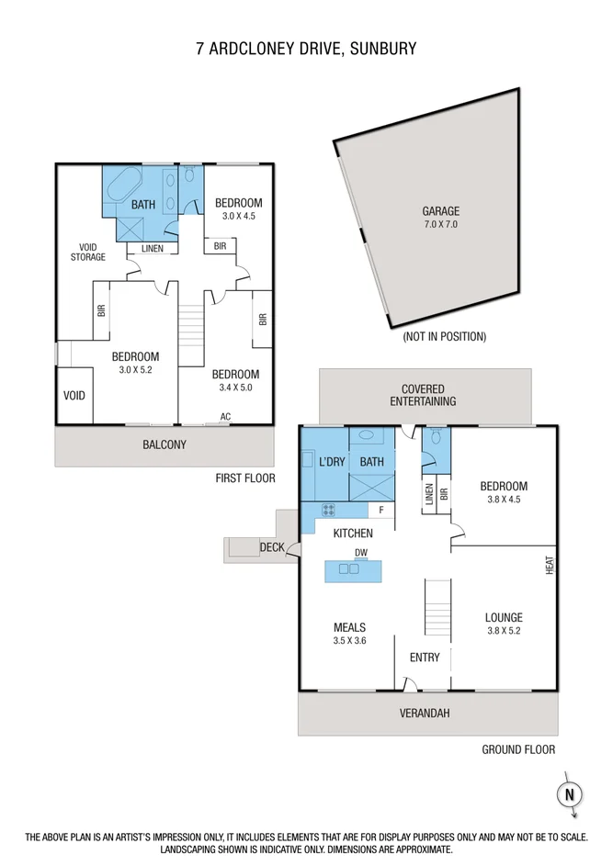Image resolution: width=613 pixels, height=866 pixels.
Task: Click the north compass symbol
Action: pos(570,794)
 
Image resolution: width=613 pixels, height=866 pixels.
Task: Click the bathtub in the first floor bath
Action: pos(123,186)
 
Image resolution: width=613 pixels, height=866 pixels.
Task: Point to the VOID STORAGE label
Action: pos(88,252)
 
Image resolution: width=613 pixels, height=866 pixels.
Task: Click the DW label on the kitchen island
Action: pos(361,552)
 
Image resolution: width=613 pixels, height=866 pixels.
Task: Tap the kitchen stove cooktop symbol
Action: pos(328,510)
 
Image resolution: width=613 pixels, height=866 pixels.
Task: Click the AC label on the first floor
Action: pos(225,417)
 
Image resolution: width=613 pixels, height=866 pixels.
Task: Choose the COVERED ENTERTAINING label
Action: pos(423,396)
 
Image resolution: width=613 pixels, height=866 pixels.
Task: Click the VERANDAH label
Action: pos(425,714)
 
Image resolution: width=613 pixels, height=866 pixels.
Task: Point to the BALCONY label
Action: pos(165,445)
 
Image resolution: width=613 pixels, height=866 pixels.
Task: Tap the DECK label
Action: pos(272,547)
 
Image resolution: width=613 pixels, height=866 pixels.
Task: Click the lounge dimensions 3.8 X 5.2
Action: pos(504,631)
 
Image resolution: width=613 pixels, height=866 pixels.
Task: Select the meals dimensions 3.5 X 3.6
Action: pos(349,641)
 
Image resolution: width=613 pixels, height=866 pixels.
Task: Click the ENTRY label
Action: pos(425,658)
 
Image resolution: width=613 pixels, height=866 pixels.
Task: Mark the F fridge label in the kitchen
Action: pos(380,510)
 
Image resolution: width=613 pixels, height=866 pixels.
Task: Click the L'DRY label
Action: pos(330,462)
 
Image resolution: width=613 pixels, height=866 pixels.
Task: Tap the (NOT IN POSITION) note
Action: pos(444,337)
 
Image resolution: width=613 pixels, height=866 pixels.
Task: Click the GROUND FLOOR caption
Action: pos(518,749)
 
